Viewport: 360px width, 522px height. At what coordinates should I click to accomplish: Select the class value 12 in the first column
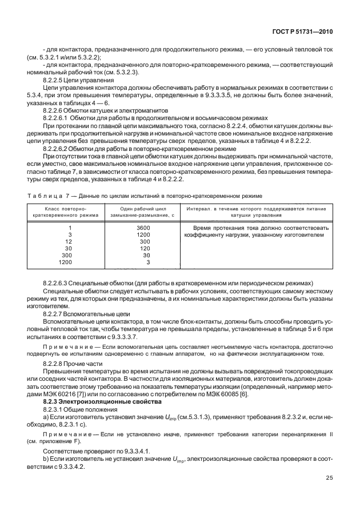click(x=69, y=241)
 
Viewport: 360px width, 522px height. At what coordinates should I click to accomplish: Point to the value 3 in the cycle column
click(x=147, y=262)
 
